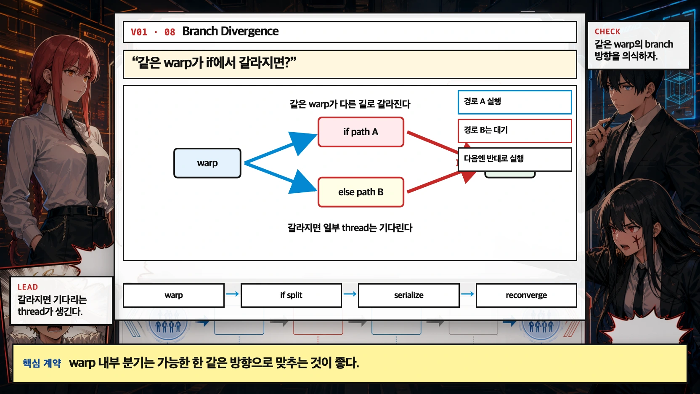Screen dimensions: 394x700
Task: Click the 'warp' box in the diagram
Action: (207, 163)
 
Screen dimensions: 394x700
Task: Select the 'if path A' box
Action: (361, 132)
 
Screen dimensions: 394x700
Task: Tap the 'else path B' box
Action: (361, 192)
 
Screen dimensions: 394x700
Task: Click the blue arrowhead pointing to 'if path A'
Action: (304, 141)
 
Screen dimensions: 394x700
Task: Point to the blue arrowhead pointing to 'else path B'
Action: (303, 184)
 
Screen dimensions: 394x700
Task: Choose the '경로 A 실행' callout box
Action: (514, 102)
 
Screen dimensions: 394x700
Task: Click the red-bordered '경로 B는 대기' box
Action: (514, 130)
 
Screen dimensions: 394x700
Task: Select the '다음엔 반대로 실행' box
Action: (514, 159)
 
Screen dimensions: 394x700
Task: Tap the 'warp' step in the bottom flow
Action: (173, 295)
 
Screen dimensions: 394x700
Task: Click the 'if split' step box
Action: (291, 295)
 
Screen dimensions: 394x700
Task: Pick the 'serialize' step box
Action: (408, 295)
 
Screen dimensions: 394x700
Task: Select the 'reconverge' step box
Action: (526, 295)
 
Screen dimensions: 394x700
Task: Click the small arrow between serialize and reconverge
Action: (467, 294)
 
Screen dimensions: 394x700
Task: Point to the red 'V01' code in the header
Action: (139, 32)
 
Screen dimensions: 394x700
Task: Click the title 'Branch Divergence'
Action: (230, 31)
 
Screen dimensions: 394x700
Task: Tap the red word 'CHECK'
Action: (607, 32)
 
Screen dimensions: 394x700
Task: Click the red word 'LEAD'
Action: (28, 287)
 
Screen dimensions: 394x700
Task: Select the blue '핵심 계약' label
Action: (42, 363)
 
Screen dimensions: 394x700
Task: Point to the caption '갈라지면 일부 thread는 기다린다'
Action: (350, 228)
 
